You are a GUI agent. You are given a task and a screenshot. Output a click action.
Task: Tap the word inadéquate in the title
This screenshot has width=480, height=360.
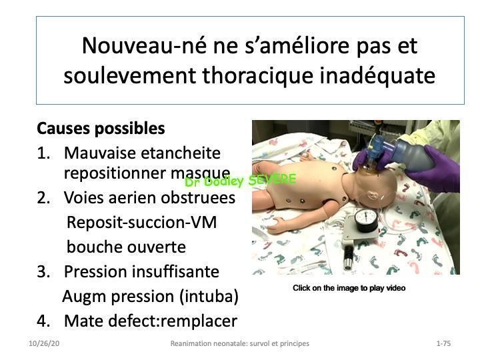377,75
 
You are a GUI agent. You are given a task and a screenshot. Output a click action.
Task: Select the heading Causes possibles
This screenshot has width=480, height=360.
101,129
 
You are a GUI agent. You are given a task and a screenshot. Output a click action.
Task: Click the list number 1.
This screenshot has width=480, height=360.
43,153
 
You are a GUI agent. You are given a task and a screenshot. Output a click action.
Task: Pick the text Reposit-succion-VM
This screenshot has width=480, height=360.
142,222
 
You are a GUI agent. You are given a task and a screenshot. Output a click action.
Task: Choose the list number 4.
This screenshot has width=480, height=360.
43,321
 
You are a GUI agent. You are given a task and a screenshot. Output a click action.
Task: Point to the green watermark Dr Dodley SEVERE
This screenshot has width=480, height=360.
241,180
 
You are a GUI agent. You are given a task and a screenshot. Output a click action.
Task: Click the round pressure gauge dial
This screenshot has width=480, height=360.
366,220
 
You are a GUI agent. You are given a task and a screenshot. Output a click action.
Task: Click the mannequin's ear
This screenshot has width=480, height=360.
371,196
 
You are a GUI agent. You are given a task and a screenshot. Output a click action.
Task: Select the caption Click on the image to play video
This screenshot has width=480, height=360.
349,288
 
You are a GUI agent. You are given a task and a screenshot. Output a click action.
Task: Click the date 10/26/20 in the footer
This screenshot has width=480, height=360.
44,343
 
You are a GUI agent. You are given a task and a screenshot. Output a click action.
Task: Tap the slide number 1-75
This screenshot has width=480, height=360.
443,343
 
